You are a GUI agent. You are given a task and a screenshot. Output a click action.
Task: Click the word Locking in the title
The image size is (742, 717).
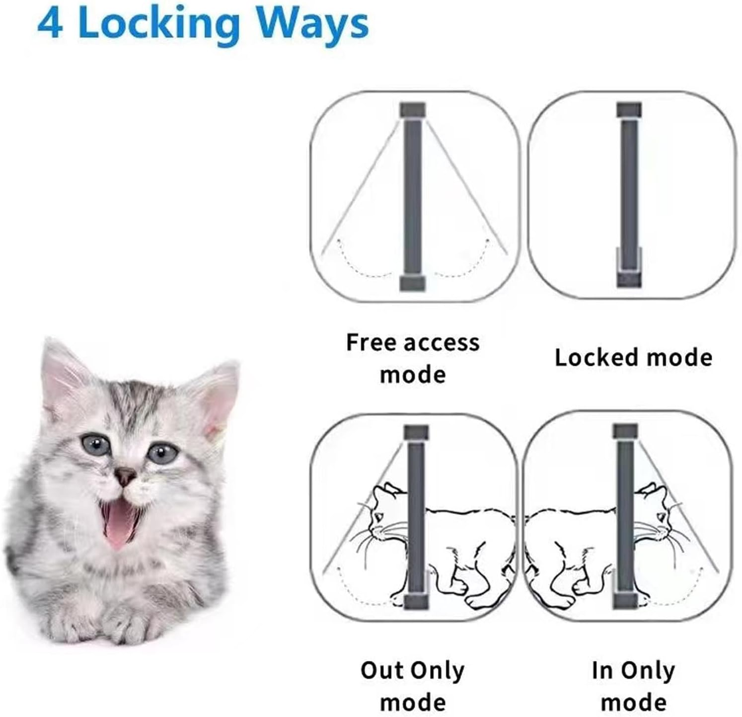coord(159,25)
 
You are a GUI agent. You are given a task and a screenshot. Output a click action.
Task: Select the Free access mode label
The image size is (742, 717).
coord(413,358)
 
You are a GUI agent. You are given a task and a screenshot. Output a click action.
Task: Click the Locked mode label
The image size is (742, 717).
coord(633,357)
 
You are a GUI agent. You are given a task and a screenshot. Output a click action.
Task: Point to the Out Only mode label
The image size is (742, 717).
coord(413,686)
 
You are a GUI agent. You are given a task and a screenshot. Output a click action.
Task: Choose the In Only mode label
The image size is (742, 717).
coord(633,686)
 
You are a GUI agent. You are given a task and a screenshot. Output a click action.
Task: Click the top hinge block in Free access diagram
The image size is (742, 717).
coord(413,109)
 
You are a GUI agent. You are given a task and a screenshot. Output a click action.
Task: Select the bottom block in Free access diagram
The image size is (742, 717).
coord(413,284)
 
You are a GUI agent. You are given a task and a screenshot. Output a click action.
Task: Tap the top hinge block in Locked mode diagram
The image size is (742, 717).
coord(629,110)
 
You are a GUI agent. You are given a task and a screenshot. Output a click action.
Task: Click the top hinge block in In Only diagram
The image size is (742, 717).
coord(625,431)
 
